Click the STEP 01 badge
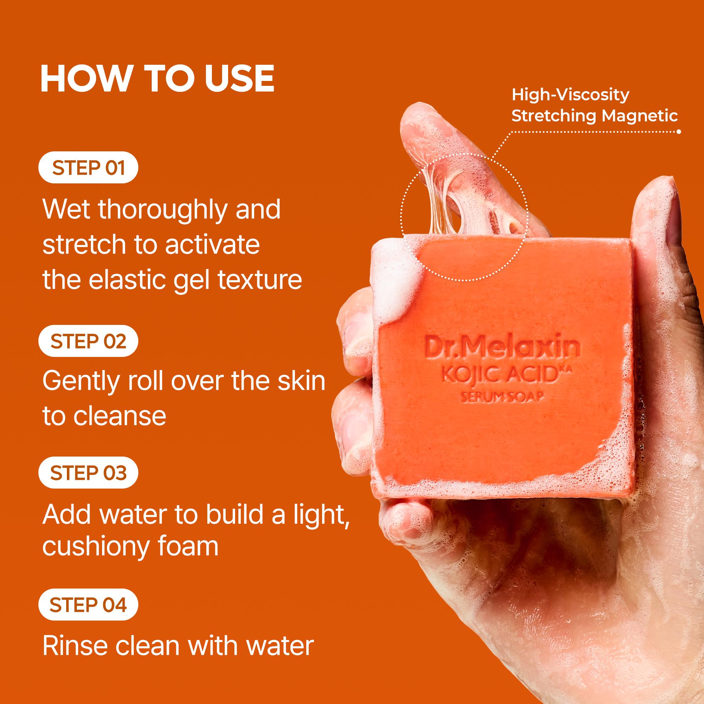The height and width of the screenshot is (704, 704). click(x=88, y=167)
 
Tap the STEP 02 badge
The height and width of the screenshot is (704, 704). click(x=88, y=341)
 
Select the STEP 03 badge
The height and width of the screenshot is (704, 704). click(x=88, y=473)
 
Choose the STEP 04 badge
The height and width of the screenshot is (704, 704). click(x=88, y=604)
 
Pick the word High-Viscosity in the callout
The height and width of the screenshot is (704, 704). click(x=570, y=95)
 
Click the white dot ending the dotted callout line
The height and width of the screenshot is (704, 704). click(x=679, y=132)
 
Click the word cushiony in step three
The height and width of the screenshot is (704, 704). click(x=85, y=547)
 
